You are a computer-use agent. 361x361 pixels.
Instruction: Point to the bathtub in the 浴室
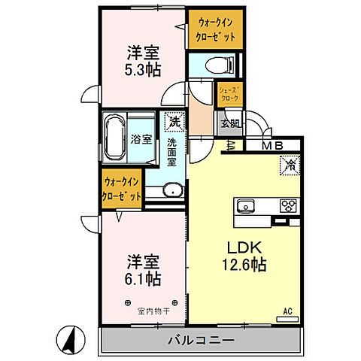click(115, 138)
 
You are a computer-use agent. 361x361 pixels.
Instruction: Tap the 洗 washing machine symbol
click(174, 120)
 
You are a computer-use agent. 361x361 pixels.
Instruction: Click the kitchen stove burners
click(288, 205)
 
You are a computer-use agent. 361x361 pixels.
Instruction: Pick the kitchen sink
click(247, 205)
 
